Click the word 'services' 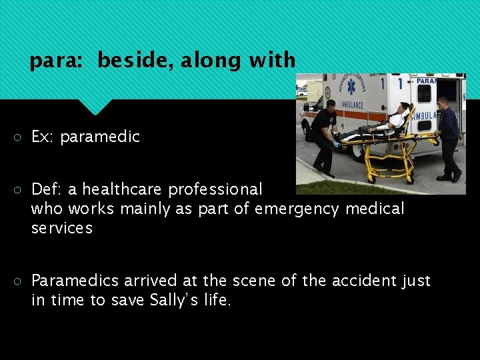tap(62, 227)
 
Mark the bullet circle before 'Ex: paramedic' tap(17, 137)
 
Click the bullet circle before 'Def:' tap(17, 190)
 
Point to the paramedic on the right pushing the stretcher tap(447, 137)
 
